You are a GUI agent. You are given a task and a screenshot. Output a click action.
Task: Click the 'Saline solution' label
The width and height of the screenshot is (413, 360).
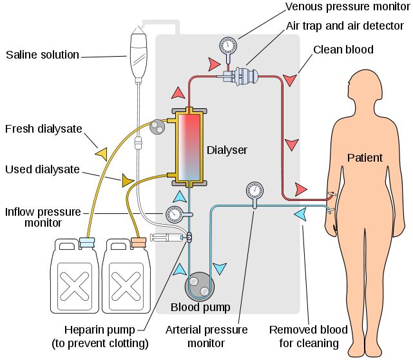pos(42,55)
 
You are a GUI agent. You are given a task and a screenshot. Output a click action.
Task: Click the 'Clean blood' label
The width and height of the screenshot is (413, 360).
pos(343,50)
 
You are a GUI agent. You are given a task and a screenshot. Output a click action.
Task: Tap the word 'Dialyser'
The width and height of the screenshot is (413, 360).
pos(227,150)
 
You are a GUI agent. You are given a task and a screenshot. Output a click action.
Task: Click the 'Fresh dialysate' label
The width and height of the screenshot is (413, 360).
pos(44,129)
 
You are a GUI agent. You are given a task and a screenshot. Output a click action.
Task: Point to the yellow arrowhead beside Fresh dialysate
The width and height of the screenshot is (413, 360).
pos(101,153)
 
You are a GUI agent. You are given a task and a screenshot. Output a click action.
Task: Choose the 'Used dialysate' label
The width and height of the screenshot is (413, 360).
pos(43,170)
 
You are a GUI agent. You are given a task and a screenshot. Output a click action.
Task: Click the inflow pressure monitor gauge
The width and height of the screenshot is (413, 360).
pos(173,214)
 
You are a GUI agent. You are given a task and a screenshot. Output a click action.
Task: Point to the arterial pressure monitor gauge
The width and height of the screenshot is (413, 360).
pos(255,191)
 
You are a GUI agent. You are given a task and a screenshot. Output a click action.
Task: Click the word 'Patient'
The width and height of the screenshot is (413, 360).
pos(365,158)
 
